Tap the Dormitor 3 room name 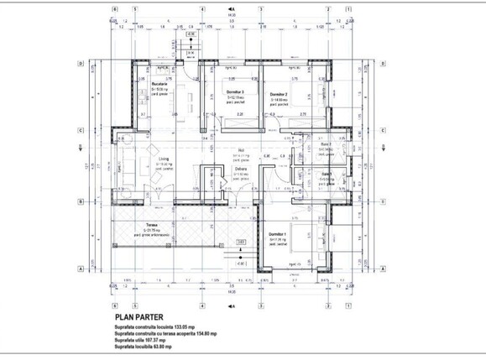(x=234, y=91)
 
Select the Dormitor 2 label (x=279, y=94)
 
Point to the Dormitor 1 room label (x=278, y=233)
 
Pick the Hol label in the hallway (x=240, y=151)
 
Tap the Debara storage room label (x=241, y=170)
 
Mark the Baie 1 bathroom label (x=326, y=174)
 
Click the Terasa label (x=152, y=225)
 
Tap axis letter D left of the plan (x=80, y=64)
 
